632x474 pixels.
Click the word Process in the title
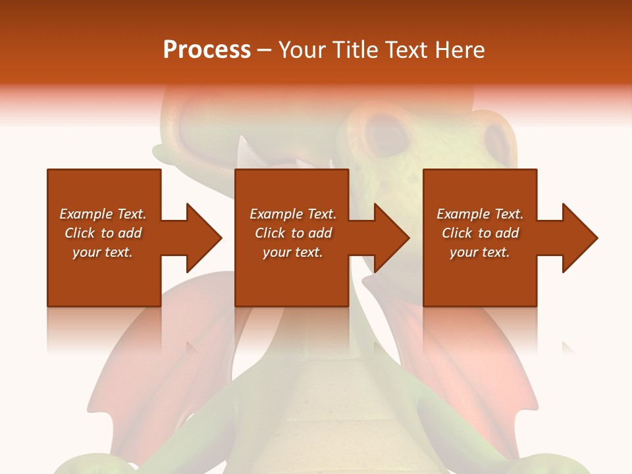click(207, 50)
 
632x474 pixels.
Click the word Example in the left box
click(86, 214)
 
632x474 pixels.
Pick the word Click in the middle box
click(269, 233)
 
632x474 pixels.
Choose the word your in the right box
click(463, 253)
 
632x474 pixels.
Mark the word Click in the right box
click(456, 233)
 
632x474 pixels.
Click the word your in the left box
click(86, 253)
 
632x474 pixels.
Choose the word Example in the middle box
click(276, 214)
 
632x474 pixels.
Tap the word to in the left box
click(107, 233)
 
